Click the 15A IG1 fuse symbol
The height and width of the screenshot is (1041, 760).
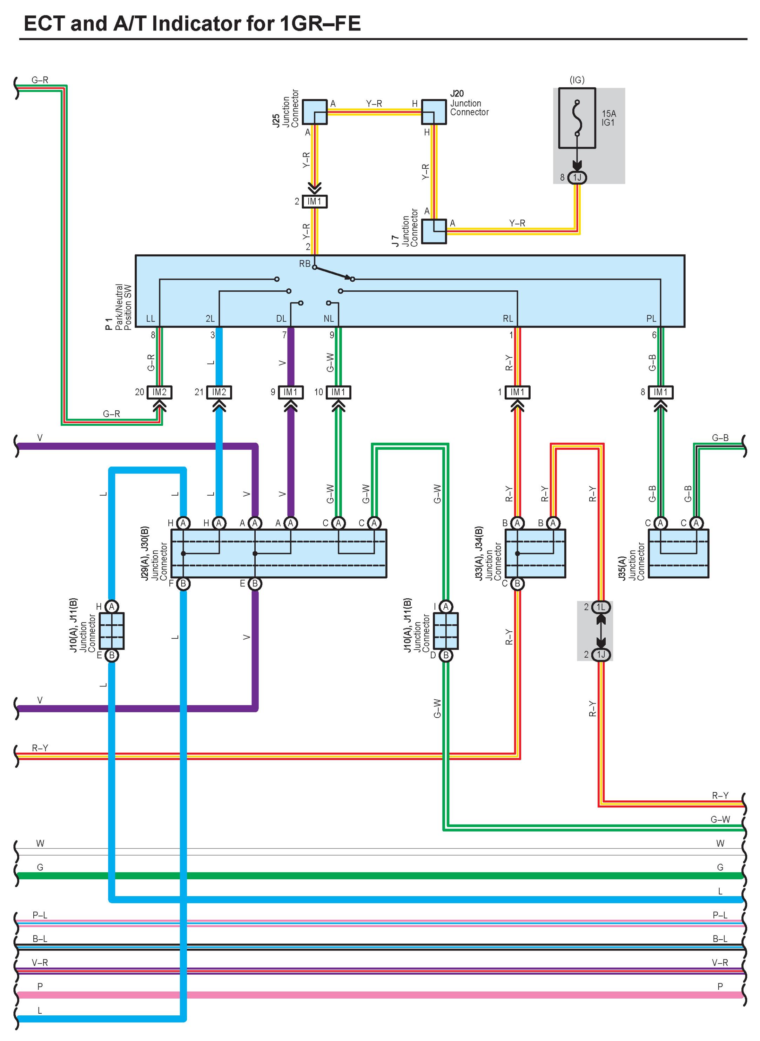coord(577,118)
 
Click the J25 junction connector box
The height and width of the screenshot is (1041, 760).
coord(315,112)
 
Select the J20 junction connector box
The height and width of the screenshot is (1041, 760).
coord(434,112)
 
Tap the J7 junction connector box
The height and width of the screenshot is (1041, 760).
coord(434,231)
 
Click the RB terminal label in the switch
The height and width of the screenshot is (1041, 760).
coord(304,264)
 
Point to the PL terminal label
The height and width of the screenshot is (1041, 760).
coord(651,319)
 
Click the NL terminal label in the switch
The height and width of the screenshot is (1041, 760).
coord(329,319)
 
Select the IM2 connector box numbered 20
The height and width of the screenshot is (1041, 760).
coord(159,392)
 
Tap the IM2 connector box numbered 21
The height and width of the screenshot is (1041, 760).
coord(219,392)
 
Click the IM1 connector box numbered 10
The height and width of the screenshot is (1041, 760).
coord(338,392)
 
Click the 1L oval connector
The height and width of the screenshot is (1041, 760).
coord(601,607)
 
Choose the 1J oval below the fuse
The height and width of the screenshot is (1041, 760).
coord(577,177)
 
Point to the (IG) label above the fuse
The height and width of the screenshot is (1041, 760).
coord(577,80)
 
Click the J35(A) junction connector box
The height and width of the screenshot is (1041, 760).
coord(678,553)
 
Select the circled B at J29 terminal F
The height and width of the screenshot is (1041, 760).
coord(183,584)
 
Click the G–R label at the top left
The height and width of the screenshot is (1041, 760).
coord(40,80)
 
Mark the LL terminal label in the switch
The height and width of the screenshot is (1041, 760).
coord(150,319)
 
